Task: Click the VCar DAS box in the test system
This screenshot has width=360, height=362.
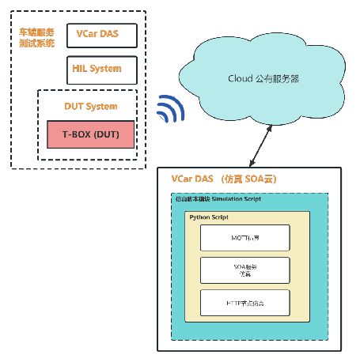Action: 103,36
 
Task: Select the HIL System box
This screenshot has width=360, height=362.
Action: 103,69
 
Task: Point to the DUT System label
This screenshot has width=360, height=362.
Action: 90,106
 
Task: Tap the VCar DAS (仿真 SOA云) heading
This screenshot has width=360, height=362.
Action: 225,179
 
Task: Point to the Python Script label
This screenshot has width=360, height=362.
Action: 208,216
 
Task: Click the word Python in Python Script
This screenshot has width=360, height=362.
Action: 201,216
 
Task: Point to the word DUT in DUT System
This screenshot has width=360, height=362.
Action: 74,106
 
